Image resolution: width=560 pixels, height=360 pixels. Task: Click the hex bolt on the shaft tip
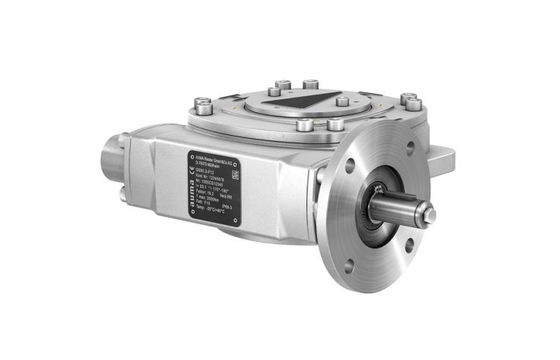(429, 216)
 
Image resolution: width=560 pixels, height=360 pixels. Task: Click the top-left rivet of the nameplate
(192, 157)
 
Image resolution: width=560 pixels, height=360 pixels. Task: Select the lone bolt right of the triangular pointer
(342, 101)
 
